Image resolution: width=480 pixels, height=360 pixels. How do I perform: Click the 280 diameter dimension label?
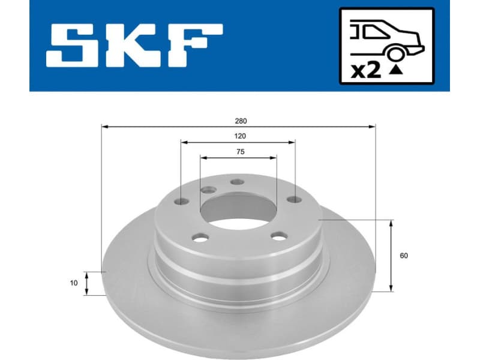[240, 121]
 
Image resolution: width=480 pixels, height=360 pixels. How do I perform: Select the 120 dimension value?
[239, 136]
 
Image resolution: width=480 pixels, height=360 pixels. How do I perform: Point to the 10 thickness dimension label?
[74, 283]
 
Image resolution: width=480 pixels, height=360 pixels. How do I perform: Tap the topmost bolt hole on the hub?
[238, 182]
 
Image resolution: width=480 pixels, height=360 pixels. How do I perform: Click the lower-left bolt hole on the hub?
[200, 238]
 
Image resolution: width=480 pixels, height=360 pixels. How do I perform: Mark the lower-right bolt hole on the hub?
[277, 236]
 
